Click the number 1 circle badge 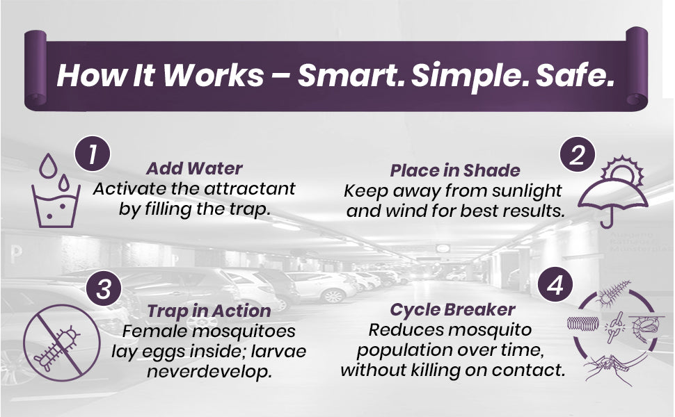tap(93, 154)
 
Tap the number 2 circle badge tap(578, 155)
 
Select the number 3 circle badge tap(104, 288)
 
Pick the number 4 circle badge tap(555, 285)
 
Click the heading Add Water tap(194, 168)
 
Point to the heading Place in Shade tap(455, 171)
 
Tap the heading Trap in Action tap(209, 311)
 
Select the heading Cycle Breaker tap(452, 309)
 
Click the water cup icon tap(56, 206)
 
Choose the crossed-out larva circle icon tap(61, 343)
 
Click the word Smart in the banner tap(351, 75)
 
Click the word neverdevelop tap(209, 371)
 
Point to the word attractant tap(250, 189)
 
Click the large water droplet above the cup tap(48, 166)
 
